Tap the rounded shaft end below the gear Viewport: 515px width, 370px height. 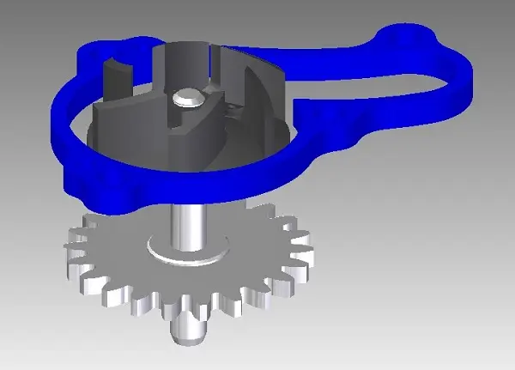(x=187, y=331)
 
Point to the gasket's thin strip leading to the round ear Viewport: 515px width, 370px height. (x=343, y=60)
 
